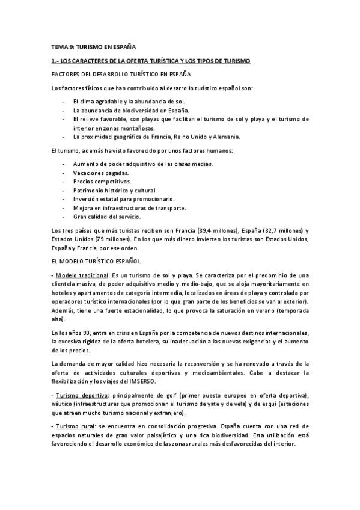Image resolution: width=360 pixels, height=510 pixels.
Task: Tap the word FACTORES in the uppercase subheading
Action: (x=67, y=75)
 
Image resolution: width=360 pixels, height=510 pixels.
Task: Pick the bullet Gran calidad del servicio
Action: (x=106, y=217)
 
